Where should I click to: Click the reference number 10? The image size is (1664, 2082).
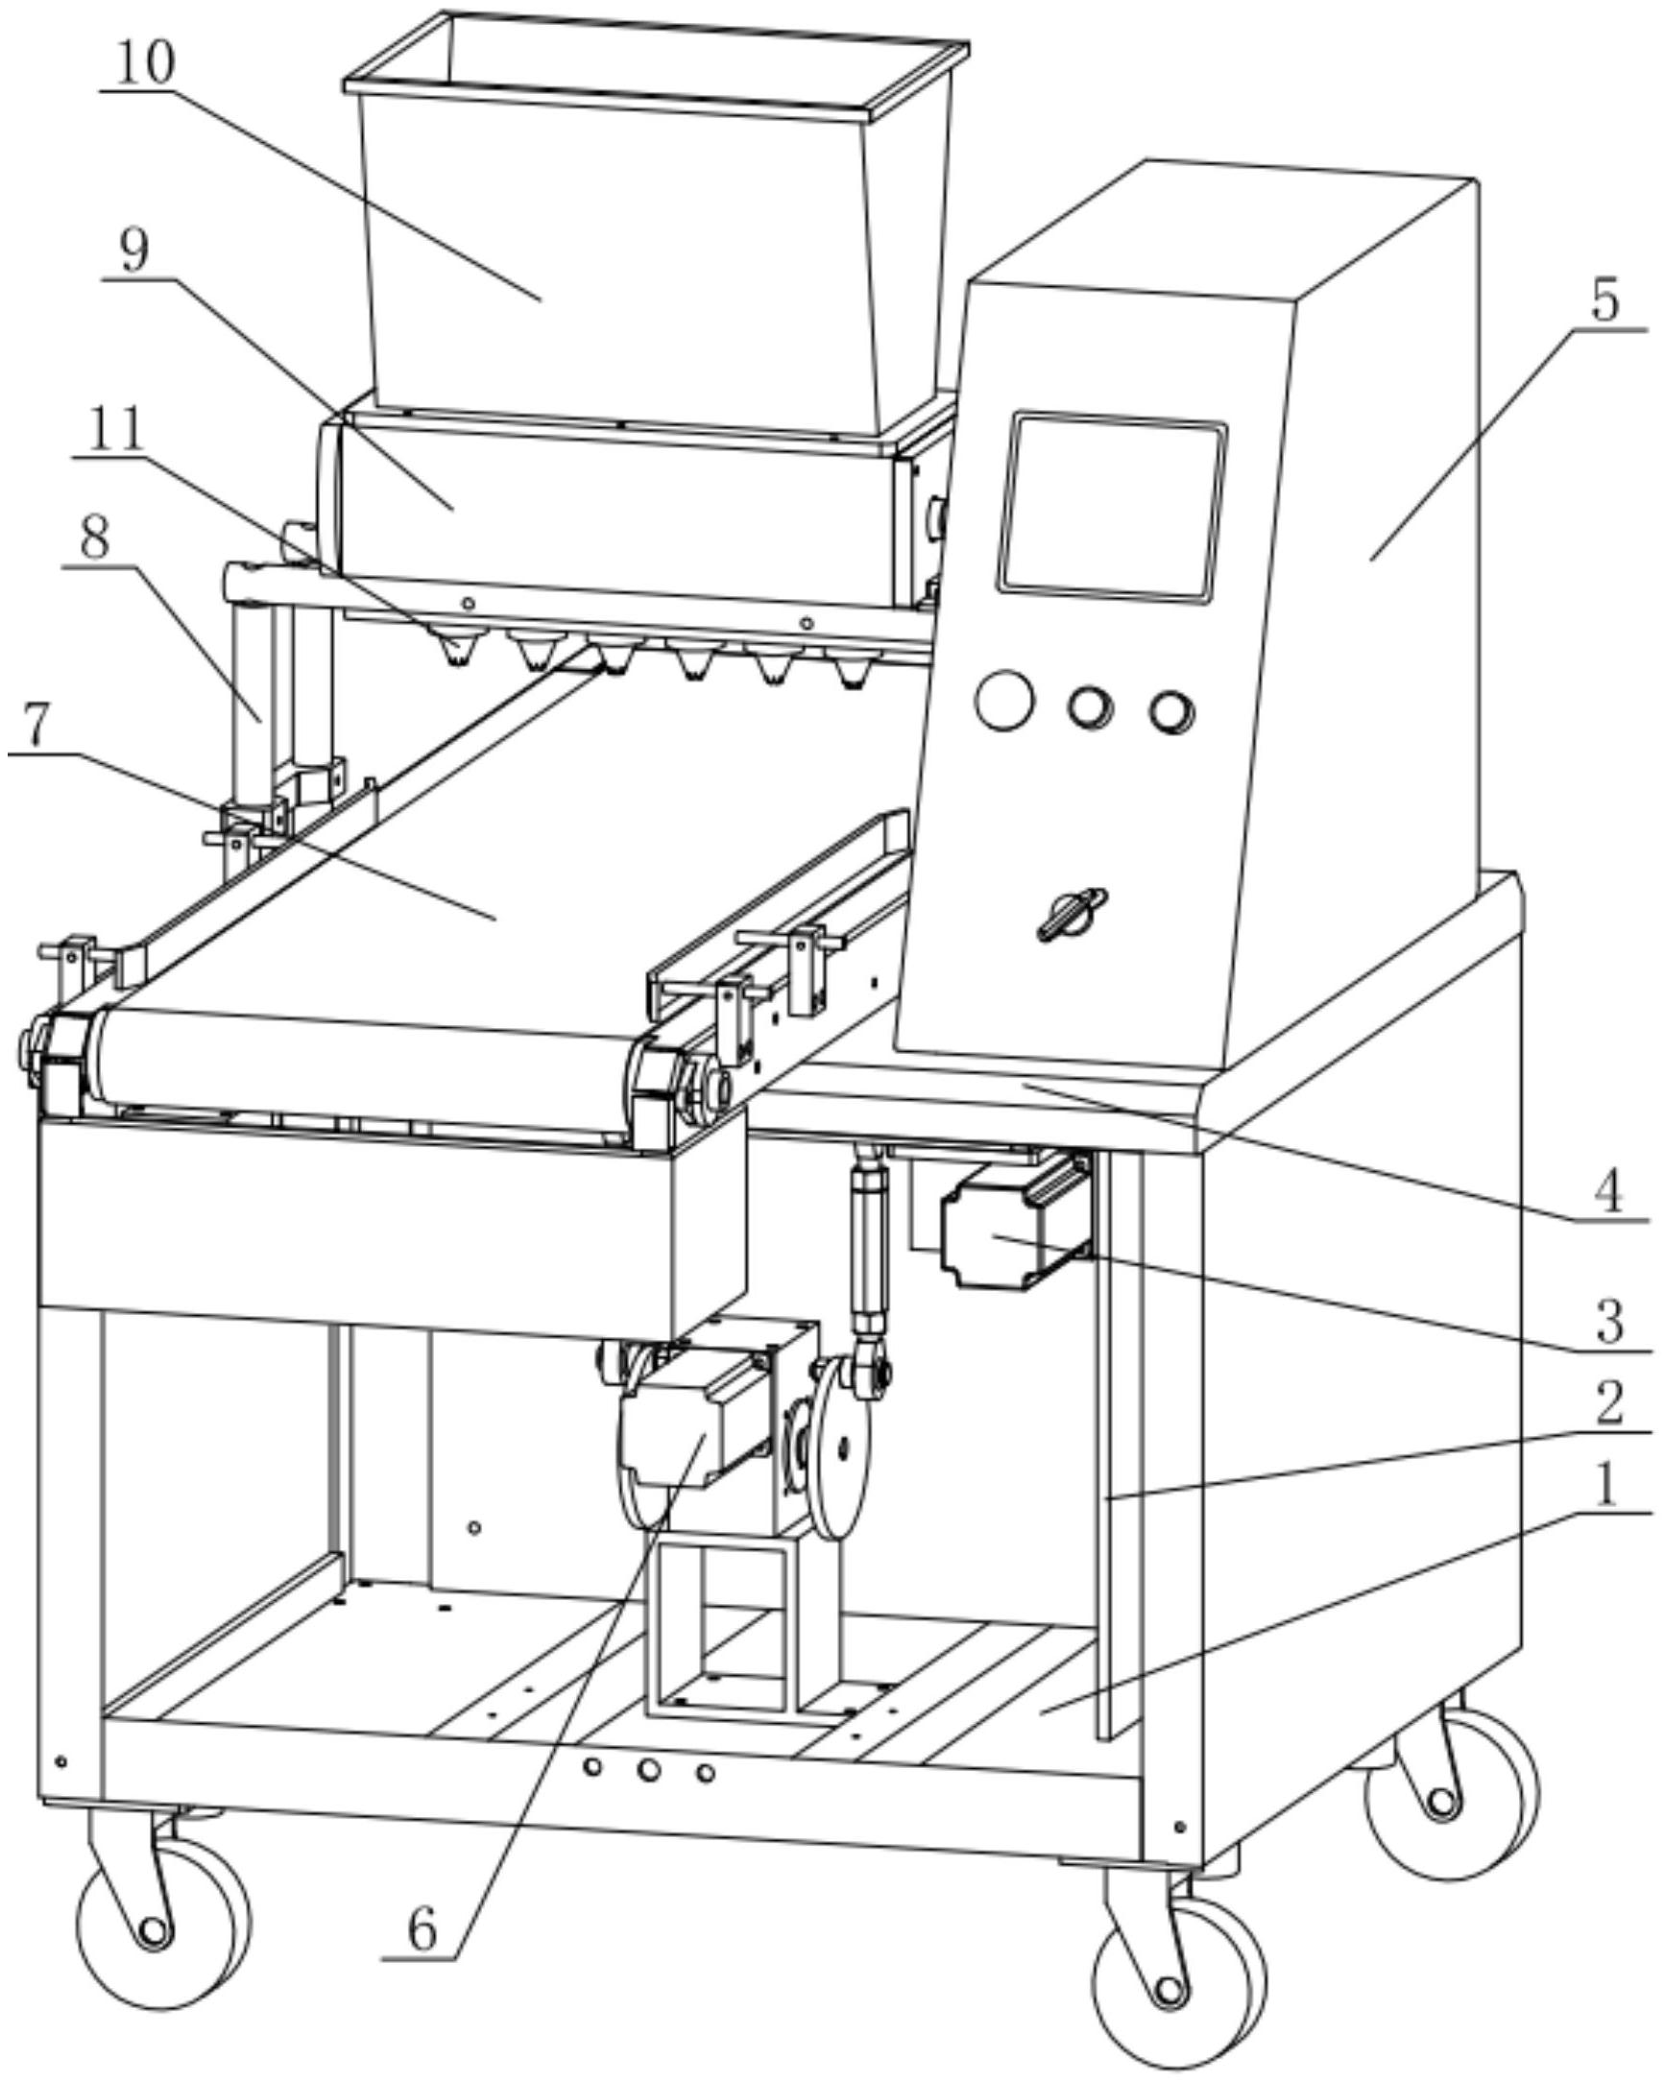coord(145,63)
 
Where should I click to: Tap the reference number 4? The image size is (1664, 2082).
coord(1607,1191)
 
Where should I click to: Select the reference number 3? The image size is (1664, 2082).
coord(1609,1320)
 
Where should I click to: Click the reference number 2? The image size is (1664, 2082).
coord(1608,1403)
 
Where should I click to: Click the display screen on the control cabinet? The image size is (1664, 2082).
coord(1113,506)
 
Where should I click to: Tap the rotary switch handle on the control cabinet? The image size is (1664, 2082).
coord(1073,913)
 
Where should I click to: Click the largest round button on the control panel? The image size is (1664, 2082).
coord(1004,700)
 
